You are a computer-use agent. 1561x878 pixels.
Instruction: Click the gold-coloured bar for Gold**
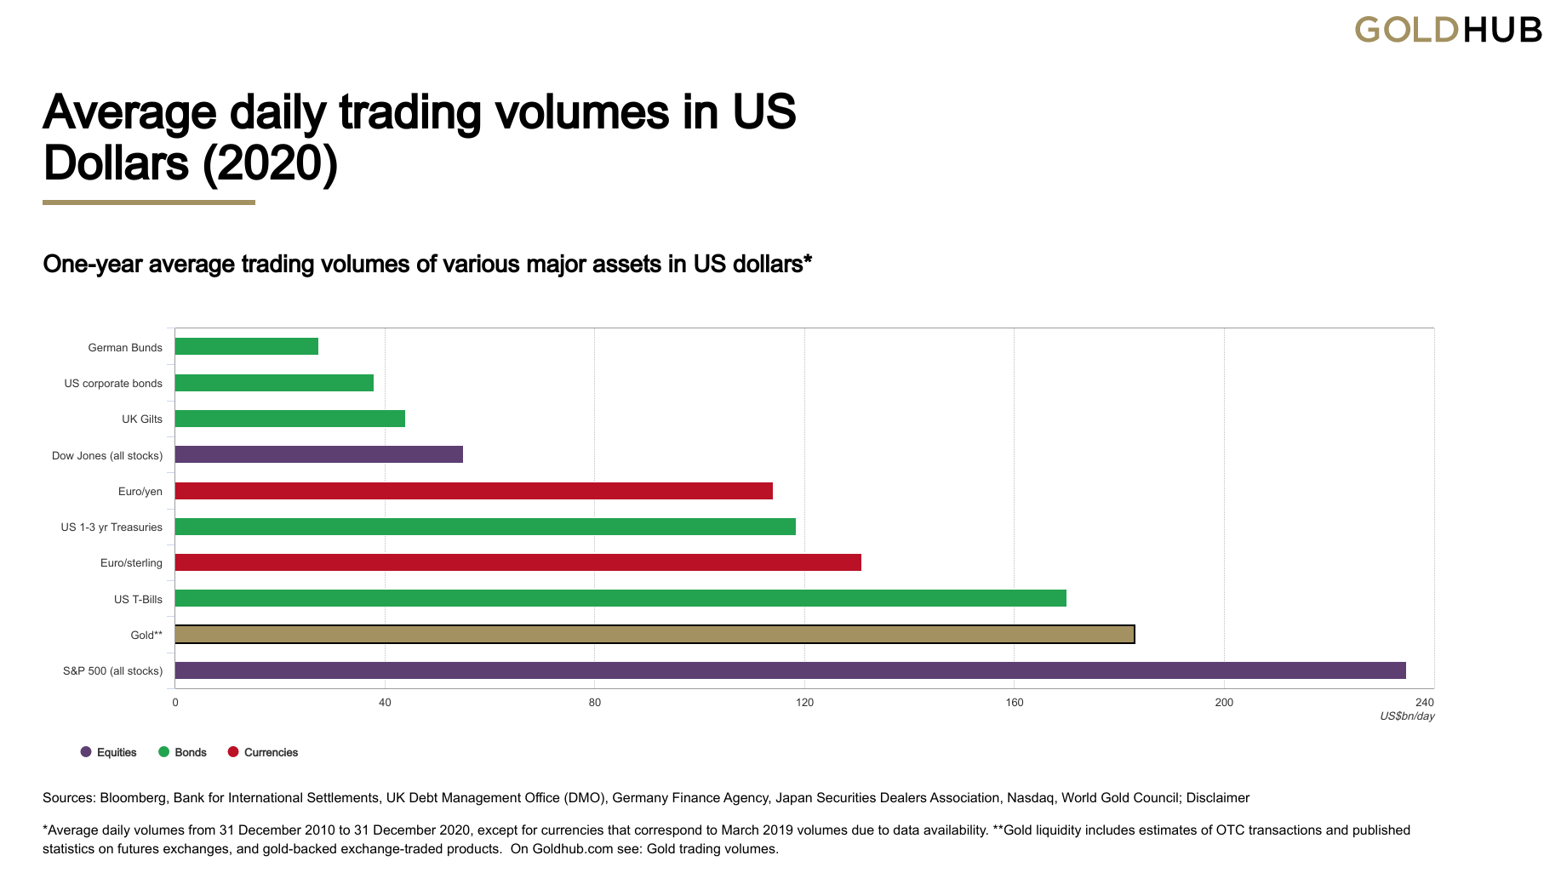tap(654, 635)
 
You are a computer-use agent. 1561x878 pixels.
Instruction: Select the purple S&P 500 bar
tap(790, 670)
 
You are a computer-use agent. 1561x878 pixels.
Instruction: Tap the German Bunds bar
tap(246, 346)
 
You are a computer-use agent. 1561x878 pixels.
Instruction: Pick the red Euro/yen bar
tap(473, 491)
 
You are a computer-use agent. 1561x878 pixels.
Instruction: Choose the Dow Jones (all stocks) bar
tap(318, 454)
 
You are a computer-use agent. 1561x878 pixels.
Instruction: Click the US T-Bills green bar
tap(620, 598)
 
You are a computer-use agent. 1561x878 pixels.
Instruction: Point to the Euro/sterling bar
tap(517, 562)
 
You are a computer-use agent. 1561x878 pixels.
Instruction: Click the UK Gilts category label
tap(141, 419)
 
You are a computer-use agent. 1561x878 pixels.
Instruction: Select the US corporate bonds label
tap(112, 384)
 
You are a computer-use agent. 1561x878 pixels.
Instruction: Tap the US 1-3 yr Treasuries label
tap(111, 527)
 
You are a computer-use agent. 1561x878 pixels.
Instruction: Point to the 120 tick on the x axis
tap(804, 703)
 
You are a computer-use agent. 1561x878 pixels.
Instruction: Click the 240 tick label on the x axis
tap(1424, 703)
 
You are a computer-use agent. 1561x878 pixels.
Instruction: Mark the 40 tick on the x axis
tap(385, 703)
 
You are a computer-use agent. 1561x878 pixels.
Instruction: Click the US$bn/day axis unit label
tap(1407, 716)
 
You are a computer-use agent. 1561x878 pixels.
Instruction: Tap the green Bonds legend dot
tap(164, 752)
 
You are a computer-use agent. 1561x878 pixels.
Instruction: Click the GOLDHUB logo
tap(1448, 30)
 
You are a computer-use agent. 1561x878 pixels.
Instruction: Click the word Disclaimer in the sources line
tap(1217, 798)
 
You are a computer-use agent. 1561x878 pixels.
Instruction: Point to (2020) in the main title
tap(270, 163)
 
